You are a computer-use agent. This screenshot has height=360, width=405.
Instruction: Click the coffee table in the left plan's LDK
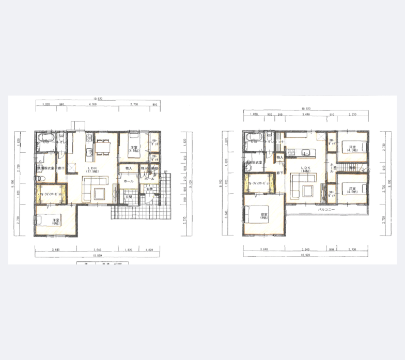coord(99,193)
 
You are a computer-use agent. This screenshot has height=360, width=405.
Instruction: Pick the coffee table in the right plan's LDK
coord(309,190)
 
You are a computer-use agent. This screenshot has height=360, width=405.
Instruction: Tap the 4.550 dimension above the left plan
coord(93,105)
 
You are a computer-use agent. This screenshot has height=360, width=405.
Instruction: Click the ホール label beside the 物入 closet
coord(129,181)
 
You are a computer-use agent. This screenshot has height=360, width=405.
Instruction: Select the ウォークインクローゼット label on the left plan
coord(51,194)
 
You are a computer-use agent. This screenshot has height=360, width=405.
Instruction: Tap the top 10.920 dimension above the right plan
coord(305,109)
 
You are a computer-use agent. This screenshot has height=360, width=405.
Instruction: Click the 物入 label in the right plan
coord(279,157)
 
